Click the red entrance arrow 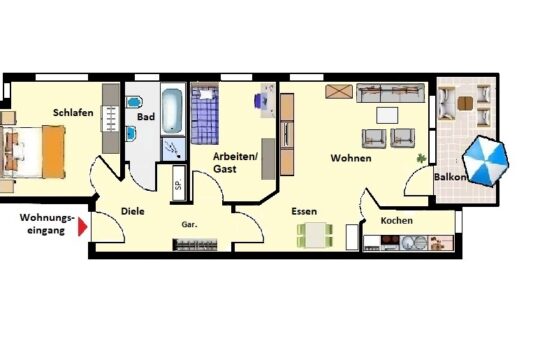pyautogui.click(x=82, y=227)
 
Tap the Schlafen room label pyautogui.click(x=73, y=113)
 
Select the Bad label pyautogui.click(x=146, y=117)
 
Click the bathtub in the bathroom pyautogui.click(x=172, y=111)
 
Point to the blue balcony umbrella pyautogui.click(x=485, y=161)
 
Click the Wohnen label pyautogui.click(x=351, y=158)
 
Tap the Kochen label pyautogui.click(x=396, y=220)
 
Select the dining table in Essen pyautogui.click(x=315, y=235)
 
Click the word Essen pyautogui.click(x=304, y=211)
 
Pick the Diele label pyautogui.click(x=133, y=211)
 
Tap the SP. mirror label pyautogui.click(x=178, y=184)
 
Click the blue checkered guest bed pyautogui.click(x=205, y=116)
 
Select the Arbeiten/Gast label pyautogui.click(x=235, y=163)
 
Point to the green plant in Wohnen pyautogui.click(x=421, y=158)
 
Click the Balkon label pyautogui.click(x=450, y=177)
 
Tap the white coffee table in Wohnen pyautogui.click(x=387, y=115)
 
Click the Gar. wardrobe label pyautogui.click(x=189, y=225)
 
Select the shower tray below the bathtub pyautogui.click(x=173, y=150)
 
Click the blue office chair pyautogui.click(x=258, y=100)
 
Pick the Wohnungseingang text pyautogui.click(x=47, y=224)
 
